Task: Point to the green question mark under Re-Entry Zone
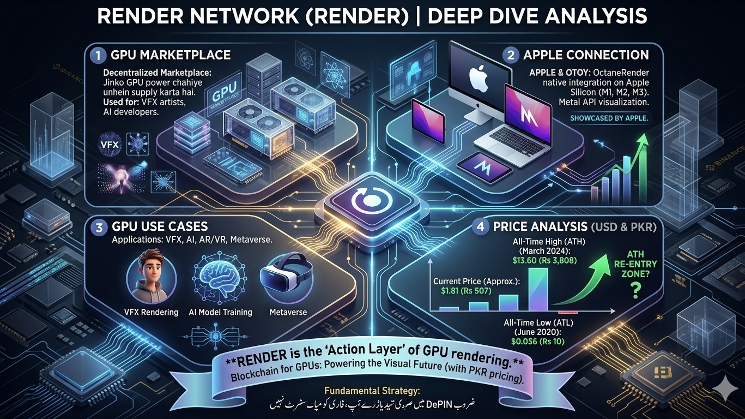point(633,293)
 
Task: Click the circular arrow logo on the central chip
point(371,201)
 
